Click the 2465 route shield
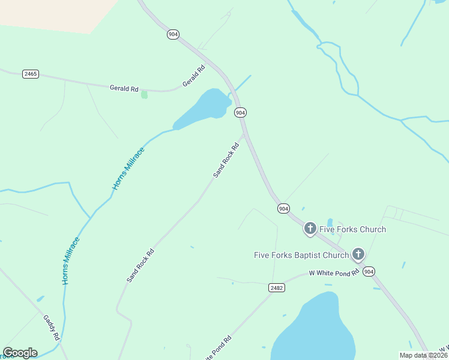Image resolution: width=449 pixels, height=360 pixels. (30, 74)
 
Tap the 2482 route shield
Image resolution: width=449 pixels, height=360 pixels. (276, 288)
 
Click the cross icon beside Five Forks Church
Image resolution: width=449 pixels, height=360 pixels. (310, 228)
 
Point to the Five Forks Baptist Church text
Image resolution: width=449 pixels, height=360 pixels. (301, 255)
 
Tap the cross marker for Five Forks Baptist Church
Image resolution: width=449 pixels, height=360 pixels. (358, 254)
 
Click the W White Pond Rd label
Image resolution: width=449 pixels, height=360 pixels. (334, 273)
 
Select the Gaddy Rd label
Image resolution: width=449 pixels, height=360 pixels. (51, 328)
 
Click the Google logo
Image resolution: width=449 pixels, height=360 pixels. (20, 353)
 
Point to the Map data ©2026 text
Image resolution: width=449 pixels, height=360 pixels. (423, 355)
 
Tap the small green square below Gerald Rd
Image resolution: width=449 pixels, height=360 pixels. (144, 94)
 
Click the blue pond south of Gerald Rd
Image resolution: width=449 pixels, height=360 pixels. (201, 108)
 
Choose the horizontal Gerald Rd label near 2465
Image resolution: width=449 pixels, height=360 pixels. (124, 88)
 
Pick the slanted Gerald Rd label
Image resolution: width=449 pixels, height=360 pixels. (194, 76)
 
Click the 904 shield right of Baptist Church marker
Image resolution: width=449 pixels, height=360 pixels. (369, 272)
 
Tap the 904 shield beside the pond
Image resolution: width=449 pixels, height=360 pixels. (240, 112)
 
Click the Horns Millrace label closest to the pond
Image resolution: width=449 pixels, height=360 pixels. (128, 169)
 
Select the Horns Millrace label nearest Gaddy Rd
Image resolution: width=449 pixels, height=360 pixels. (71, 260)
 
